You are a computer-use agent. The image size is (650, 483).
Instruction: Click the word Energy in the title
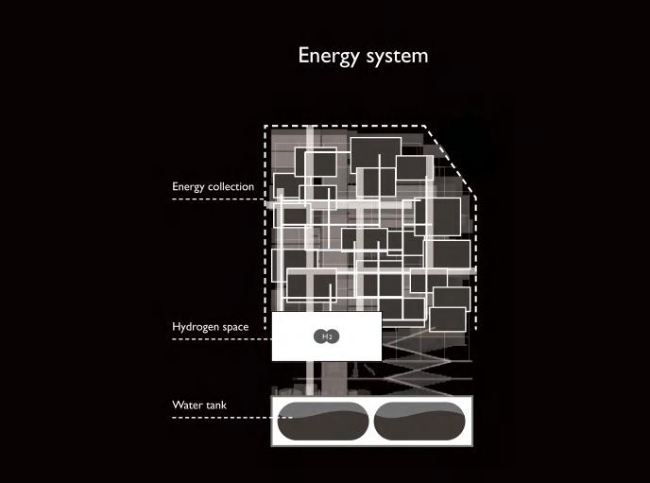click(328, 56)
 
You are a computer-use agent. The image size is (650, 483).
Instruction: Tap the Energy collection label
click(213, 186)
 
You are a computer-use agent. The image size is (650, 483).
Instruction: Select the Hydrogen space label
click(210, 327)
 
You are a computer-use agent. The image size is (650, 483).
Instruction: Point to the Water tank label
click(199, 405)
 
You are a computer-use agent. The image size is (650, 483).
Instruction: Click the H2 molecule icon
click(325, 336)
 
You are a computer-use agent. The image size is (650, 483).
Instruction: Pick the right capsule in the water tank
click(419, 422)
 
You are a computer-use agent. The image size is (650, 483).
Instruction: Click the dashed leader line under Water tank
click(222, 417)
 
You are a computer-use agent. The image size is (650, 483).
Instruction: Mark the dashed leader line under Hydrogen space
click(222, 338)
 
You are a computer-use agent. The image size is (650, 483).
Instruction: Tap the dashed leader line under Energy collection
click(222, 198)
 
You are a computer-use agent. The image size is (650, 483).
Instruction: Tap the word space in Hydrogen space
click(235, 327)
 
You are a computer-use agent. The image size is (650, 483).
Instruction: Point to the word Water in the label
click(185, 405)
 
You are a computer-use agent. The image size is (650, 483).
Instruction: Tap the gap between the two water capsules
click(370, 422)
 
